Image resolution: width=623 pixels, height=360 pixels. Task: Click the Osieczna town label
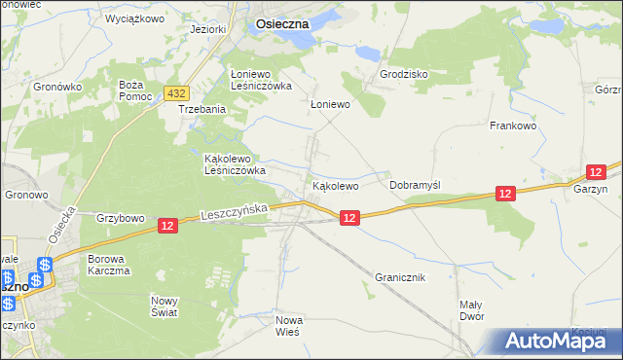(282, 27)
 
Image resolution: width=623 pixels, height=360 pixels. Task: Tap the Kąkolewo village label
(336, 185)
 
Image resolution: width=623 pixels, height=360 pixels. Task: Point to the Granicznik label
(400, 277)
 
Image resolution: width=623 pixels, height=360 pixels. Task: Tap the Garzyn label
(590, 190)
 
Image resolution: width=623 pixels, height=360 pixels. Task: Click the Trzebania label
(202, 110)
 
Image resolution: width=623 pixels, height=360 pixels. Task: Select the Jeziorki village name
(209, 29)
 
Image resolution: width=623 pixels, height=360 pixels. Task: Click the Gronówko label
(56, 87)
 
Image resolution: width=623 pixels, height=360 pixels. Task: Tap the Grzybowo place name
(121, 217)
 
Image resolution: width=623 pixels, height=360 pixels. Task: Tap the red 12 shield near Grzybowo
(167, 226)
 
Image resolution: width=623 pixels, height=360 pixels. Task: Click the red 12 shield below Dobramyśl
(503, 195)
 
